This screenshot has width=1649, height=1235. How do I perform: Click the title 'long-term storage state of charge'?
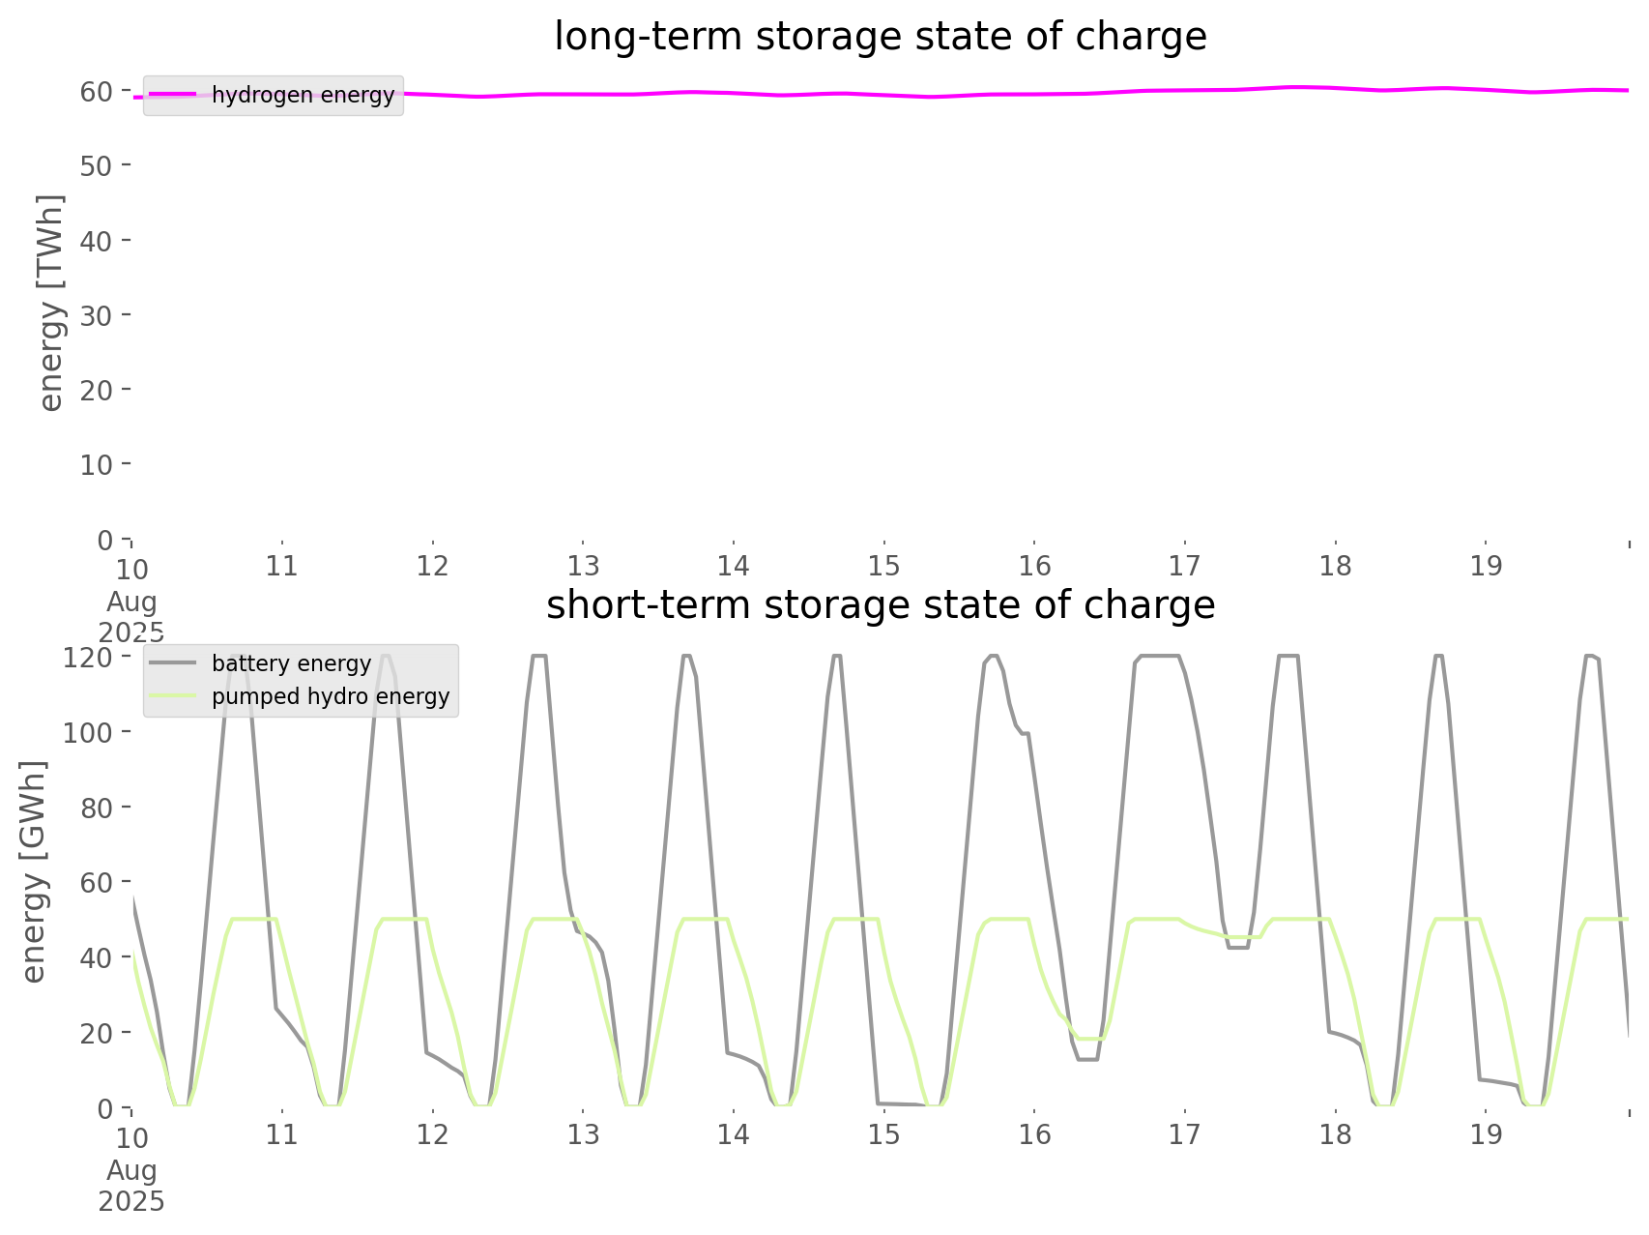tap(880, 37)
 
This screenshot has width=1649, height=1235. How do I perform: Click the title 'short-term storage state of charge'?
tap(880, 605)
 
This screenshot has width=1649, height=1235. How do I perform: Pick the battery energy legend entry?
tap(291, 663)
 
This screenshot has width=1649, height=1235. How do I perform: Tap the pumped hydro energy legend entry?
tap(330, 696)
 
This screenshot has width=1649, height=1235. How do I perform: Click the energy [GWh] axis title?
tap(33, 871)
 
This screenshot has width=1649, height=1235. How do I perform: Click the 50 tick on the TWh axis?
tap(97, 165)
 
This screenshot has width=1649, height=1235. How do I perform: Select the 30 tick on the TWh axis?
tap(97, 315)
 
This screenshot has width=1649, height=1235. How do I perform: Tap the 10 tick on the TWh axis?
tap(97, 465)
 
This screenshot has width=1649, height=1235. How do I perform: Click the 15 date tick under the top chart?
tap(883, 566)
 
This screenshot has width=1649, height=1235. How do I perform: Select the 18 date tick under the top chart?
tap(1336, 566)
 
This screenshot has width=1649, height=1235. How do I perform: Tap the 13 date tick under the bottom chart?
tap(583, 1134)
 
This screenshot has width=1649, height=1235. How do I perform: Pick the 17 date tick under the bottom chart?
tap(1185, 1134)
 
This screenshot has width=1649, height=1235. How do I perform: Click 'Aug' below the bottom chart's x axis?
tap(131, 1169)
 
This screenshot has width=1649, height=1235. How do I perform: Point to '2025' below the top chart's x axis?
tap(131, 632)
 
